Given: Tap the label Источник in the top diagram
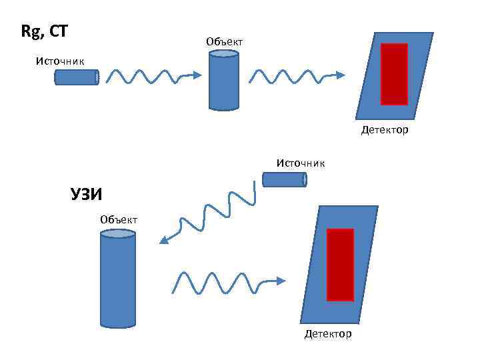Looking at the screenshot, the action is [60, 61].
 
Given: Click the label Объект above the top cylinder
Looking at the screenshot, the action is [225, 42].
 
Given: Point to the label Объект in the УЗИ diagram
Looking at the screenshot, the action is [119, 219].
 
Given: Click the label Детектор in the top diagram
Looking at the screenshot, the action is [385, 130].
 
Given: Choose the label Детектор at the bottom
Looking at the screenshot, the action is [327, 333].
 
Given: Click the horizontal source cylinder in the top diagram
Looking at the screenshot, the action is [77, 77].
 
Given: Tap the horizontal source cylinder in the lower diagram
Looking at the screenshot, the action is [284, 179].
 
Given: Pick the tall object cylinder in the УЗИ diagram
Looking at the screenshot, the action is [118, 280].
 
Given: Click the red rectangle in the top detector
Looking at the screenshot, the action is [394, 74].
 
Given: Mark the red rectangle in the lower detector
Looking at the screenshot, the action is [340, 265].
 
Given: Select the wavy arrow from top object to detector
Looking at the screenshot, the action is [297, 76].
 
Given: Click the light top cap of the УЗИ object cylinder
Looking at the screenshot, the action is [118, 235].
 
